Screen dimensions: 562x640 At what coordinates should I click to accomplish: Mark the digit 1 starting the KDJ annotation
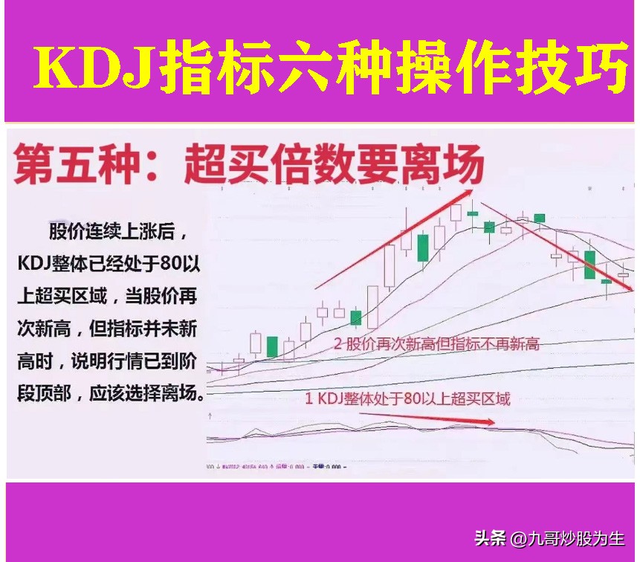(310, 398)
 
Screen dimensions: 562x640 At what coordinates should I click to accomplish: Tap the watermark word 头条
(491, 537)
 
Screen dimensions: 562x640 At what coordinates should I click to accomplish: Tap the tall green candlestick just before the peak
(422, 247)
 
